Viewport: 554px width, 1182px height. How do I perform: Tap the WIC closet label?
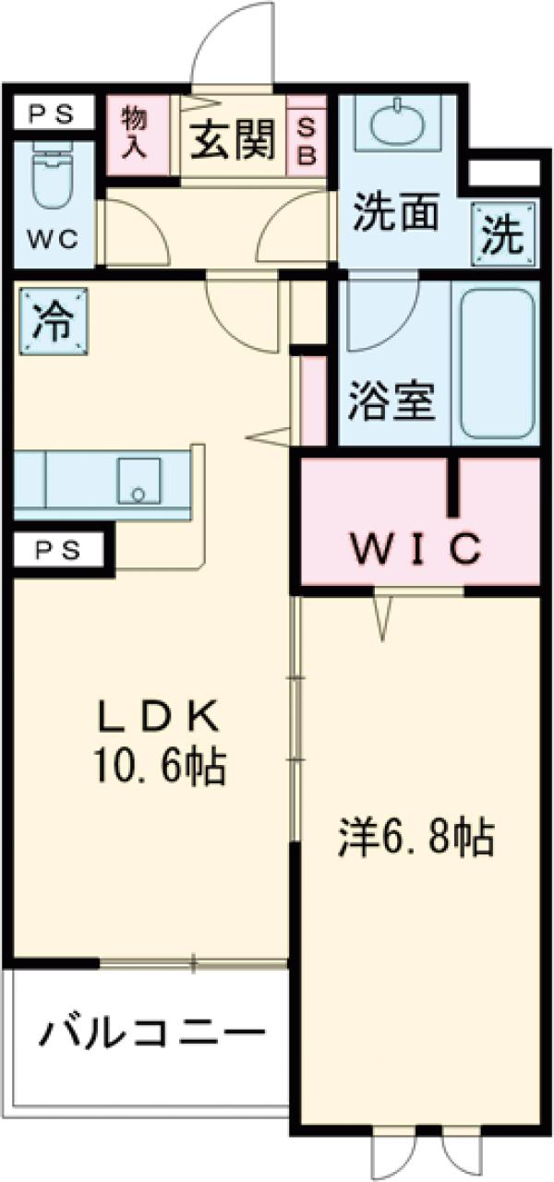tap(415, 549)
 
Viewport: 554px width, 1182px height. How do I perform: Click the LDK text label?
tap(158, 716)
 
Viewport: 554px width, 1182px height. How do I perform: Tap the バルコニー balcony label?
tap(143, 1032)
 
